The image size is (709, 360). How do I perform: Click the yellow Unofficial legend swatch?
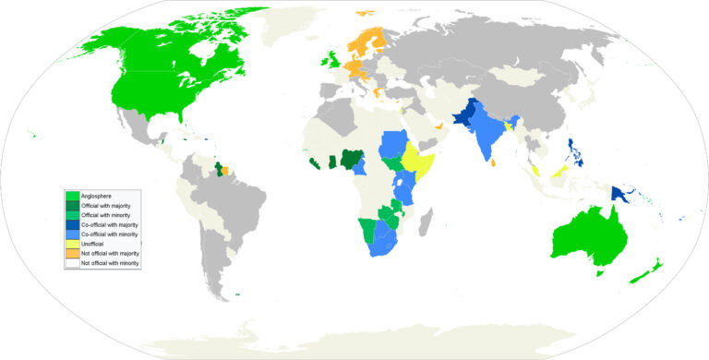[x=71, y=244]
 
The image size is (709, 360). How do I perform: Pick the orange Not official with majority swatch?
[x=71, y=254]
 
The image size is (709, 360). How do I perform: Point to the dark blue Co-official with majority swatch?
[x=71, y=224]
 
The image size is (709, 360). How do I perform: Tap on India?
[x=489, y=138]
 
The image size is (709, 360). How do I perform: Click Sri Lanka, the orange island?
[x=496, y=164]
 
